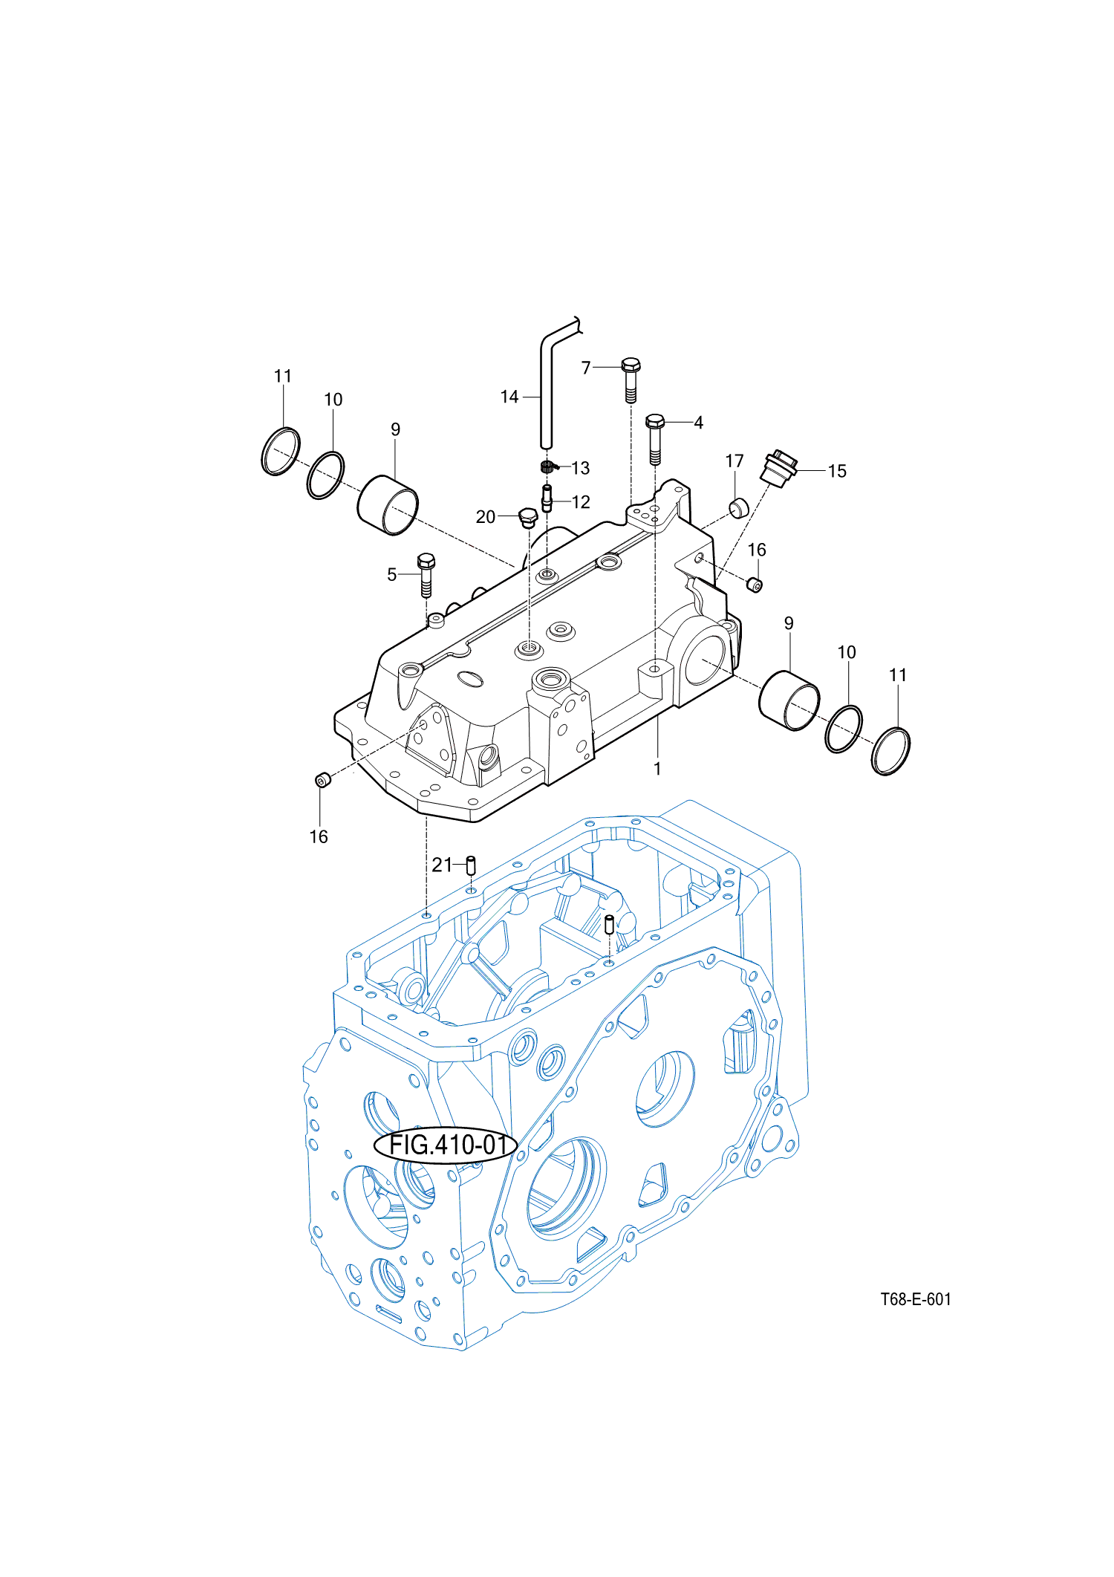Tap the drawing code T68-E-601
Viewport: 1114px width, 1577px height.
pyautogui.click(x=915, y=1299)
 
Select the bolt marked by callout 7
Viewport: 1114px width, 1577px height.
pyautogui.click(x=631, y=379)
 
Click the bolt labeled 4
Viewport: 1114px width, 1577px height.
pyautogui.click(x=654, y=438)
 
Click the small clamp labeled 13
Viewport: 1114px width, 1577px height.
pyautogui.click(x=547, y=466)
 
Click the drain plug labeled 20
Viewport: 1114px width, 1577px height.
pyautogui.click(x=527, y=517)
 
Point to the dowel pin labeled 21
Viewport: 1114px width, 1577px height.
pyautogui.click(x=470, y=865)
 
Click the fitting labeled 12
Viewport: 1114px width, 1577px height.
pyautogui.click(x=547, y=498)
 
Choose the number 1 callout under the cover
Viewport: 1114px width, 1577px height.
pyautogui.click(x=657, y=769)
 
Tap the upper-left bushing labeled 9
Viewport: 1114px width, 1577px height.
pyautogui.click(x=388, y=504)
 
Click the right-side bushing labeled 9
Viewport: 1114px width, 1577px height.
pyautogui.click(x=789, y=700)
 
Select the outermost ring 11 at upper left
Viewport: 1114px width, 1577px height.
pyautogui.click(x=281, y=452)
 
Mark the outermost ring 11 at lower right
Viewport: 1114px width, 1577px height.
pyautogui.click(x=890, y=752)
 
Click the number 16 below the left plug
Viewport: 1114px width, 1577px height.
pyautogui.click(x=319, y=837)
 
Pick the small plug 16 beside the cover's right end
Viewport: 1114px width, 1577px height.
pyautogui.click(x=754, y=585)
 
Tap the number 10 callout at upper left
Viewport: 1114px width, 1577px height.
pyautogui.click(x=333, y=400)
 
